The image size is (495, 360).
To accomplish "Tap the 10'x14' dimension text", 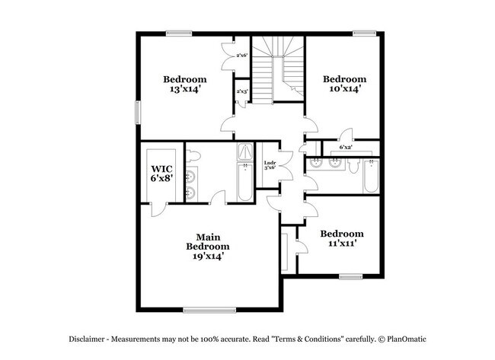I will [343, 88].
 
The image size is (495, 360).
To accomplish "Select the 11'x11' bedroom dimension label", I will [342, 244].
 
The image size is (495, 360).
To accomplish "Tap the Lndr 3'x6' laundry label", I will [269, 165].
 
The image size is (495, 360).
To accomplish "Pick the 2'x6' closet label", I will [242, 56].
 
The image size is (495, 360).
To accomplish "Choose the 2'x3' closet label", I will [242, 91].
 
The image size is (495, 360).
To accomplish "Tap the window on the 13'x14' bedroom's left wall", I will [138, 112].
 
